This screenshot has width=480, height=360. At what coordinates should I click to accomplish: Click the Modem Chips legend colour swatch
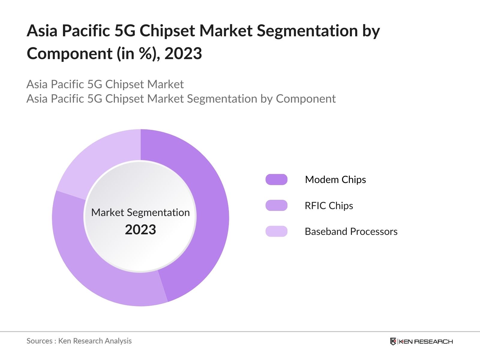coord(276,179)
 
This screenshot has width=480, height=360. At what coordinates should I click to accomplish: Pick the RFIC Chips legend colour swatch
coord(276,205)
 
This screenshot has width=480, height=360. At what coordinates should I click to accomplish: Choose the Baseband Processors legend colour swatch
coord(276,231)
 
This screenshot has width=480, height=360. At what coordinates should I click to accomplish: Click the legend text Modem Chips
coord(335,179)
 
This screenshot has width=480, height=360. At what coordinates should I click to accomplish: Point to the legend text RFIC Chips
coord(329,205)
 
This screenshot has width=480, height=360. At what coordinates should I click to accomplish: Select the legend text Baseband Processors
coord(351,231)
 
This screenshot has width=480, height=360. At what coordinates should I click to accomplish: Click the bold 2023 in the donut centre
coord(140,230)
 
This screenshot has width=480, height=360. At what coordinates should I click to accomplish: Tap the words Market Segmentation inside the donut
coord(140,212)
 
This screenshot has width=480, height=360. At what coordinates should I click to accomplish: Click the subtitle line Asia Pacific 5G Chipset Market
coord(105,84)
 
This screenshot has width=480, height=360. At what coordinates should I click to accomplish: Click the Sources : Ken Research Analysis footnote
coord(79,341)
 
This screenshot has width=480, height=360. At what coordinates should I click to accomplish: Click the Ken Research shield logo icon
coord(393,341)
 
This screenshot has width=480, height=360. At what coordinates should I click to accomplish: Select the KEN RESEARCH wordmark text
coord(426,341)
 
